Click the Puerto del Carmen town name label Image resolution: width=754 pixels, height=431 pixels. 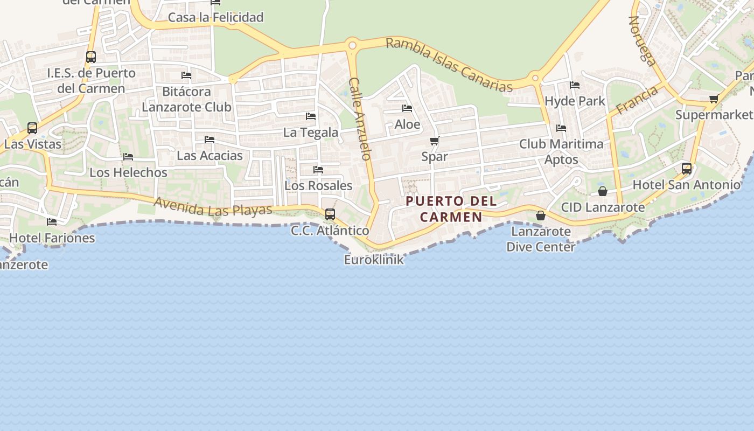(x=451, y=209)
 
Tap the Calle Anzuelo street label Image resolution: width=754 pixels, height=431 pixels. (x=360, y=119)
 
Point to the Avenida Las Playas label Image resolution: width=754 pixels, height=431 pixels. (x=213, y=206)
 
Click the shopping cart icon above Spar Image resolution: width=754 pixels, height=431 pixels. (x=434, y=141)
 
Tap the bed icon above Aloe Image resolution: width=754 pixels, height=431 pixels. (x=407, y=109)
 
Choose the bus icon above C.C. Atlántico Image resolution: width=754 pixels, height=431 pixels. (x=330, y=214)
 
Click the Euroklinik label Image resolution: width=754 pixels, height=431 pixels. (x=374, y=260)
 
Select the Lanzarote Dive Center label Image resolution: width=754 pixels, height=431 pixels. (x=540, y=239)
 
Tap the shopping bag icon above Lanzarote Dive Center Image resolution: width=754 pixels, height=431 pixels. (x=540, y=215)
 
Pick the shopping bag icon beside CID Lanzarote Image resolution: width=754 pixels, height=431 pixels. (x=603, y=191)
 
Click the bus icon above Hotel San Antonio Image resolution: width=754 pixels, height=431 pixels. (x=687, y=169)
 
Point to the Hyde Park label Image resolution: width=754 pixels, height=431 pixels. (x=575, y=101)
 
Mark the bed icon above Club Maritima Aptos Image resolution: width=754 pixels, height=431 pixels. (x=561, y=128)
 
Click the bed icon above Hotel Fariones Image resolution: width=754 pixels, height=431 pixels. (x=52, y=221)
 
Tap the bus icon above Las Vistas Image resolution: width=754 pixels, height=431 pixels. (x=32, y=128)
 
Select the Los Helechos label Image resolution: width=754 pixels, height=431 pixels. (x=128, y=172)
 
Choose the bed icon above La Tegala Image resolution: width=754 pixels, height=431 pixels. (x=311, y=116)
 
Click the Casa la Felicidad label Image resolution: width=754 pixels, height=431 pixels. (x=215, y=17)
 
